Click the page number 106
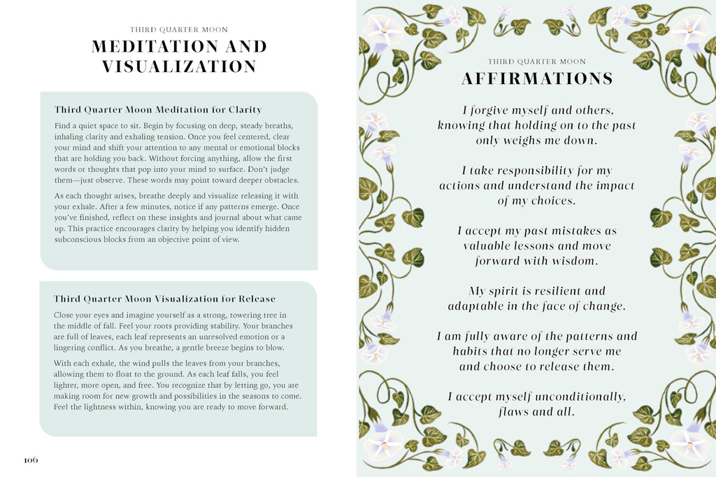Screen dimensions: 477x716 (31, 460)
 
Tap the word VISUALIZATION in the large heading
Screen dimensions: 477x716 (179, 67)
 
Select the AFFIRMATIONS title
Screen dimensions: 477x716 (537, 79)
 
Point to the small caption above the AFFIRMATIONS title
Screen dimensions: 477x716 (537, 62)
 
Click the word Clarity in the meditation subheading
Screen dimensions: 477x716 (245, 110)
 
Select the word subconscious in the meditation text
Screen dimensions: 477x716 (78, 239)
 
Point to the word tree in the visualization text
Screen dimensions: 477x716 (257, 315)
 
